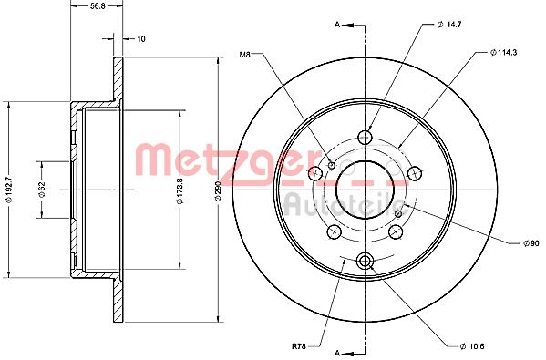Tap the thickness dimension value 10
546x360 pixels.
[140, 38]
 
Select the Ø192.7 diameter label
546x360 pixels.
[10, 190]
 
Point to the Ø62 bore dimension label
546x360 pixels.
[42, 190]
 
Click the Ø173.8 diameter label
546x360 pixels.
[180, 190]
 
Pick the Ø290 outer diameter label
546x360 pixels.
[219, 190]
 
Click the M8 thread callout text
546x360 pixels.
[245, 55]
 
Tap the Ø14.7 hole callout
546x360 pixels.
[449, 25]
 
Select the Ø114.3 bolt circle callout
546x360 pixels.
[503, 52]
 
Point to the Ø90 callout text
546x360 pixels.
[531, 243]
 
